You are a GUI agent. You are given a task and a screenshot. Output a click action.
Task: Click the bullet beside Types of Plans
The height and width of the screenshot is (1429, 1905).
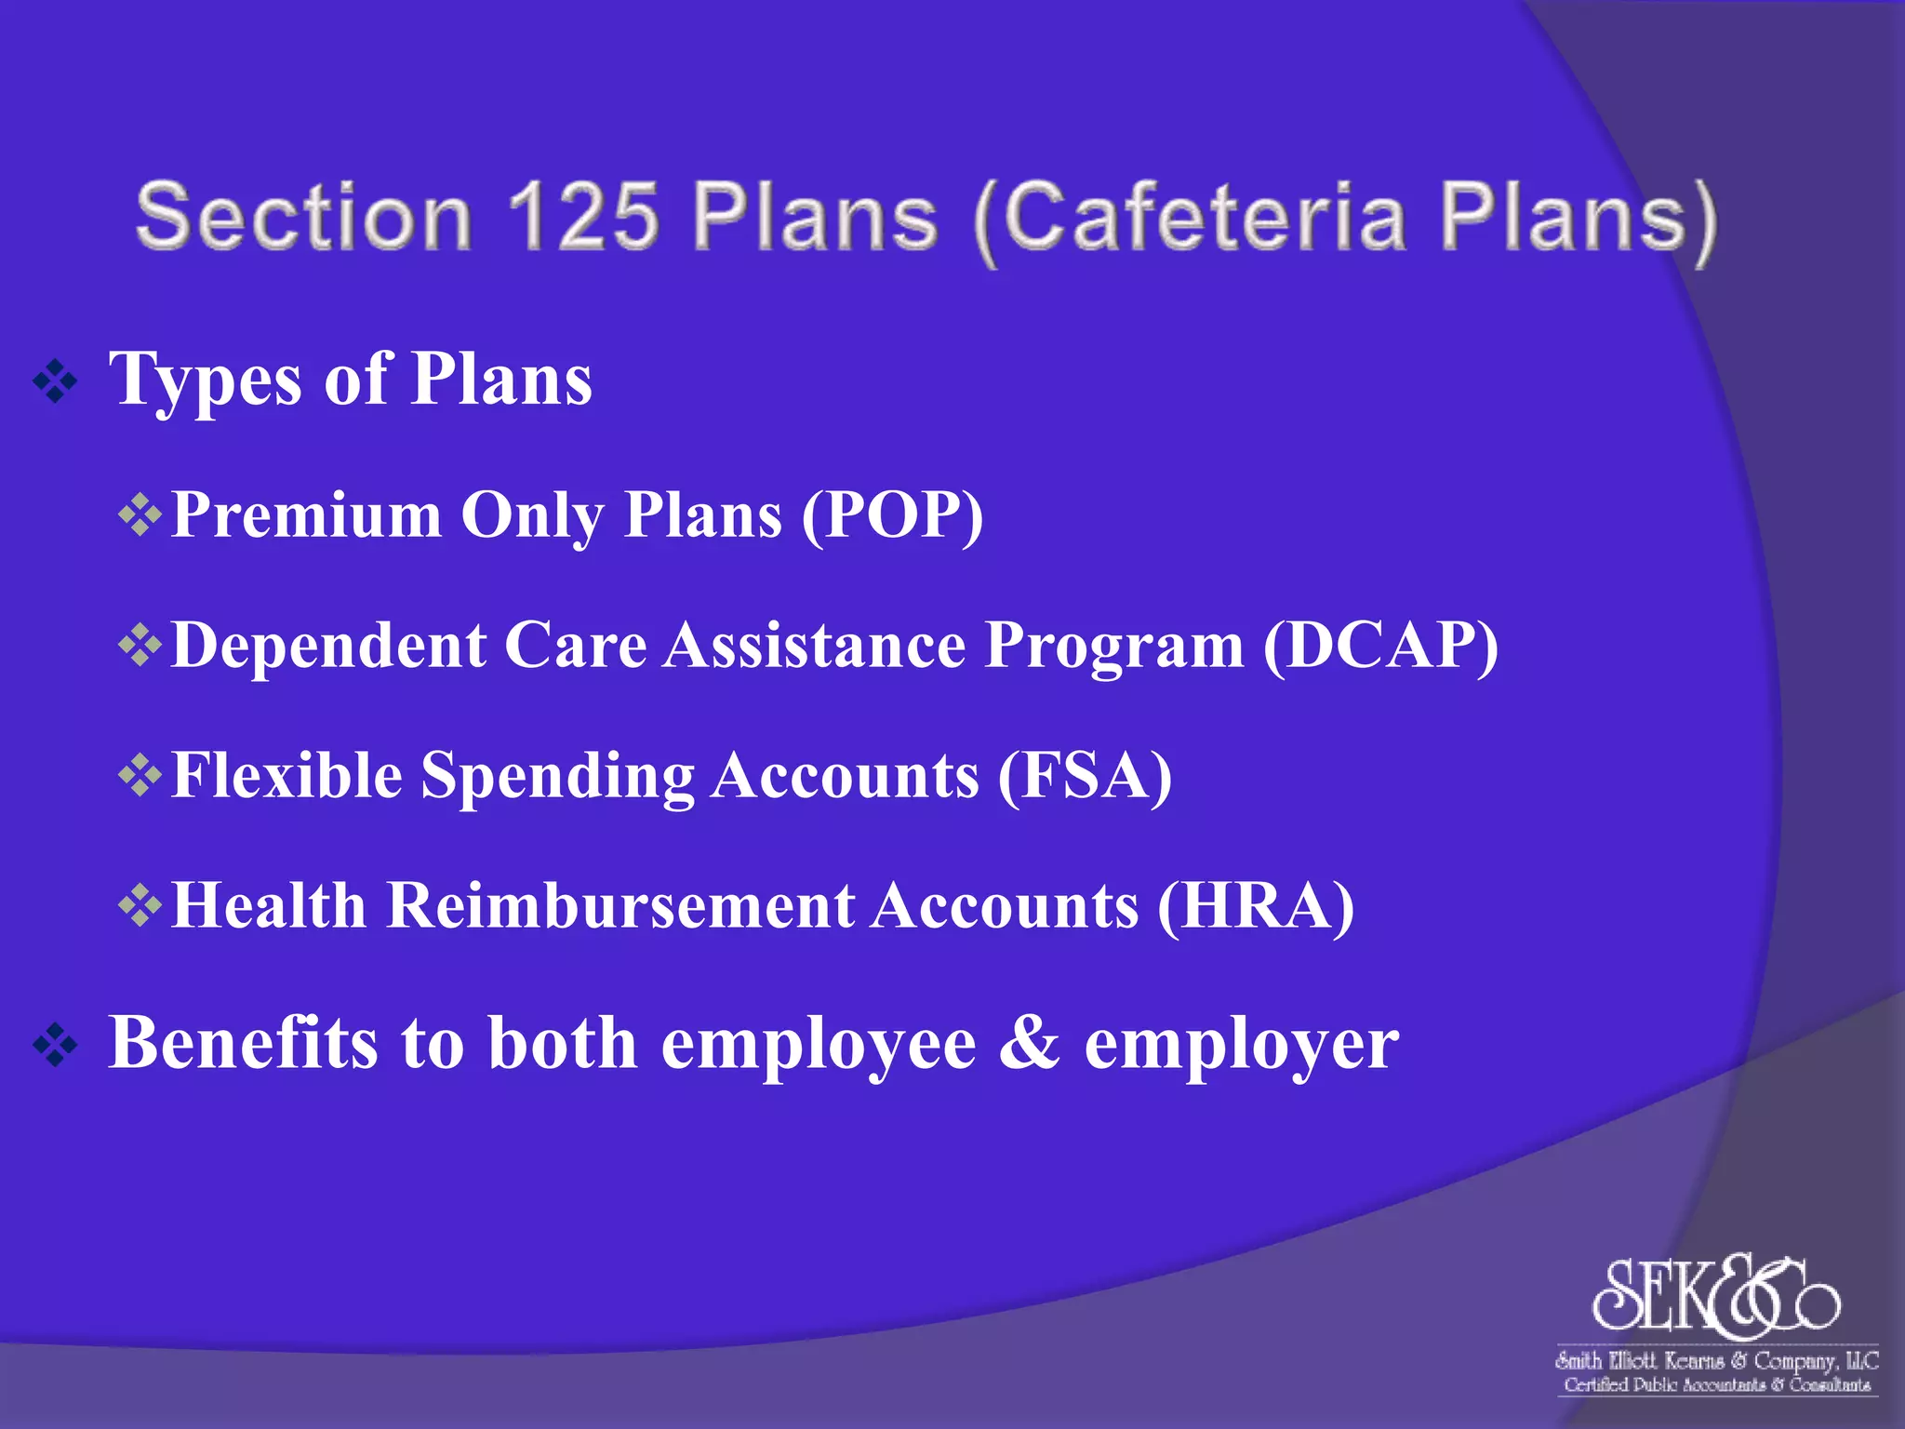tap(56, 381)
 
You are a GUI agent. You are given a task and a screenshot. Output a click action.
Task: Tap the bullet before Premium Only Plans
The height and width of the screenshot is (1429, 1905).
tap(140, 514)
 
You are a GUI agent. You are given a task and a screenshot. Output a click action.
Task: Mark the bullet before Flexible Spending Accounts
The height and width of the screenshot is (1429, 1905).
tap(140, 775)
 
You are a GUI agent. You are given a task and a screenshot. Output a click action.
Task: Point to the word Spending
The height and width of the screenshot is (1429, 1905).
tap(557, 777)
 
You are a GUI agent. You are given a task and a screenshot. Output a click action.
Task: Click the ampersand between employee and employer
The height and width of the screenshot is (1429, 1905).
tap(1030, 1042)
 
